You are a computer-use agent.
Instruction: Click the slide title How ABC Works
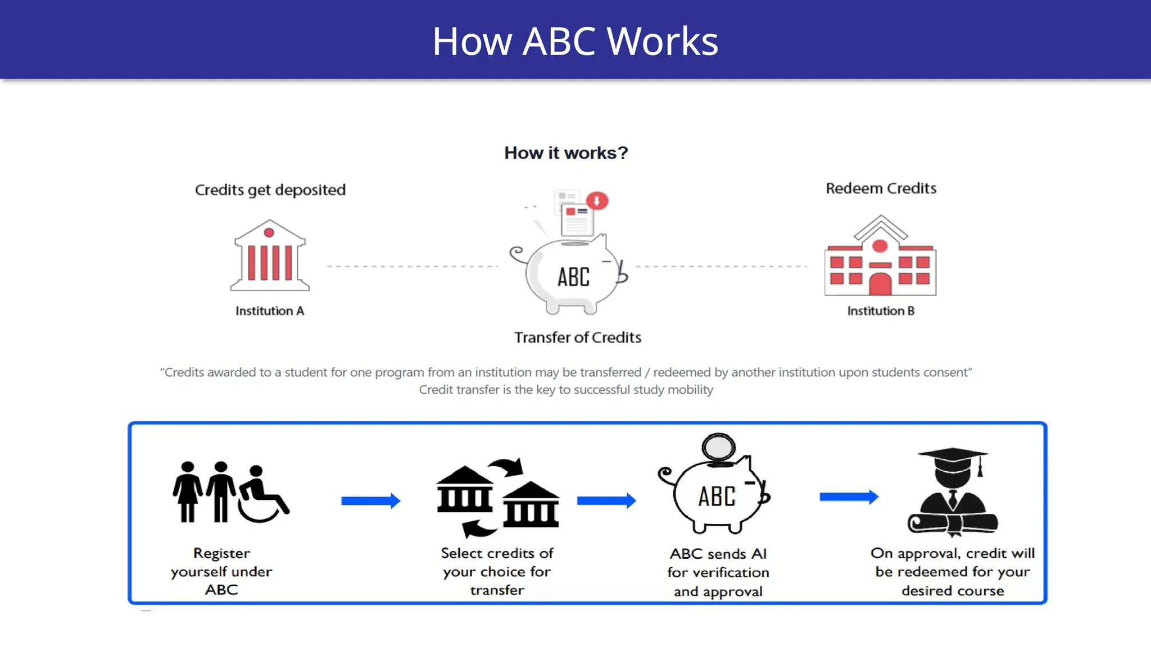[575, 42]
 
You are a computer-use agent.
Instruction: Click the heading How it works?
[566, 153]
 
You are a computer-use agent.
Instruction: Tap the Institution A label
[270, 311]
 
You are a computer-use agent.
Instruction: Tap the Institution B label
[881, 311]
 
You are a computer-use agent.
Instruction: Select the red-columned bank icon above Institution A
[270, 256]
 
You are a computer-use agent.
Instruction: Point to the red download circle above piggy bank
[597, 201]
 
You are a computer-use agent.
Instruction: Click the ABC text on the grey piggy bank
[573, 277]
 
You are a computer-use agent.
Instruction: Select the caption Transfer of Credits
[578, 338]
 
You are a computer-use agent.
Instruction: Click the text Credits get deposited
[270, 190]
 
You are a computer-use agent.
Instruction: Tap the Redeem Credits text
[881, 189]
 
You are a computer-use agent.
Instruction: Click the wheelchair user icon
[262, 494]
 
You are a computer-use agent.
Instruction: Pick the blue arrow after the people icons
[370, 500]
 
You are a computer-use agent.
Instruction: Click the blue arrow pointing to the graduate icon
[849, 496]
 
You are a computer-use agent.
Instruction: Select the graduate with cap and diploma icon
[953, 492]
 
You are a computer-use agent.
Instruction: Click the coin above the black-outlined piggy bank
[718, 447]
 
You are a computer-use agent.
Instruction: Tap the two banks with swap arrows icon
[498, 498]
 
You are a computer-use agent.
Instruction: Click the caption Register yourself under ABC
[221, 571]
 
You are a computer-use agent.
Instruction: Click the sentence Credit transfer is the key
[566, 390]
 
